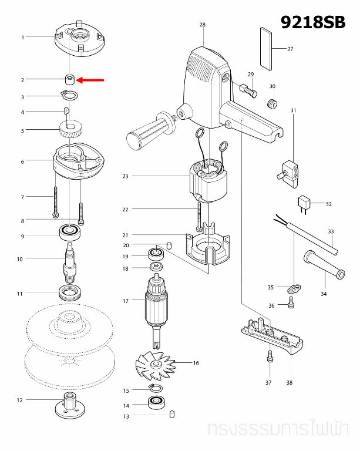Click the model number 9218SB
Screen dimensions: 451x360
[313, 22]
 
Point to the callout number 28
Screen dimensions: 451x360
[203, 25]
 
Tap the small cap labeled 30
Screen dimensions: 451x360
[271, 104]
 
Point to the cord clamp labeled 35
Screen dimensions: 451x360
[294, 288]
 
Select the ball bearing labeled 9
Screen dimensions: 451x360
[69, 233]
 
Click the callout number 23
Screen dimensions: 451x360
[125, 176]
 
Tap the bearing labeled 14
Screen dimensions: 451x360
[156, 403]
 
